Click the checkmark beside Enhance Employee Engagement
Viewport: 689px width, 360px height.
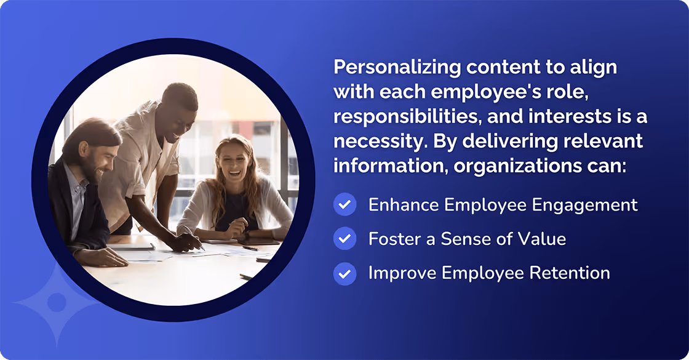click(345, 205)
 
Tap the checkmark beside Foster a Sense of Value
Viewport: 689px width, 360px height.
click(345, 238)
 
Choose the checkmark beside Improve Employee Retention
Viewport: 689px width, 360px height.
click(345, 273)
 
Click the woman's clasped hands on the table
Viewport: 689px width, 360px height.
click(237, 231)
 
